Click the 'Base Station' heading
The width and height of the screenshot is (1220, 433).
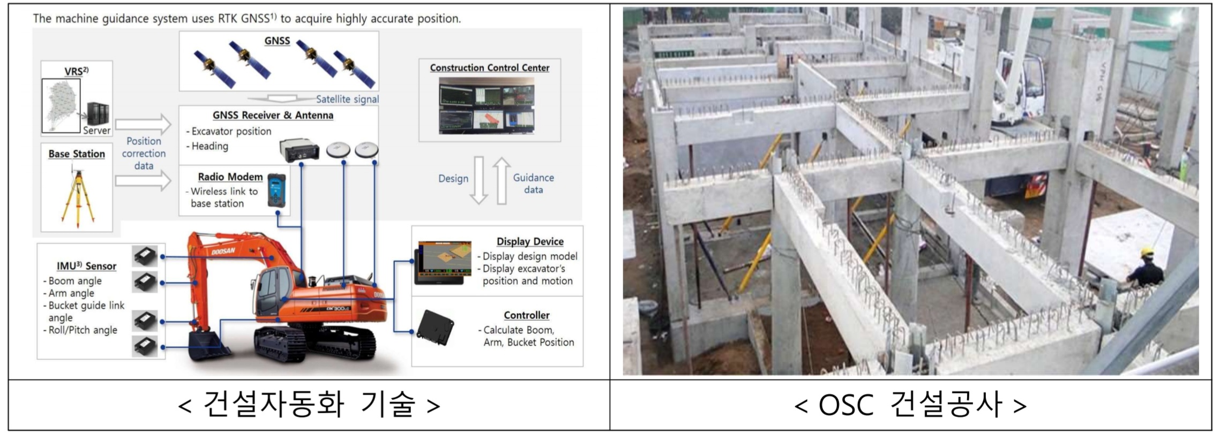point(77,154)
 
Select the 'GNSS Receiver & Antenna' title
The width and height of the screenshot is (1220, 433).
point(273,115)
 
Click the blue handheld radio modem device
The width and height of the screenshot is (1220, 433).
point(277,191)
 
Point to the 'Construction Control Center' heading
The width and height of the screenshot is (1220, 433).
point(489,68)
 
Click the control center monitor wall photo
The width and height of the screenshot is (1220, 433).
point(486,106)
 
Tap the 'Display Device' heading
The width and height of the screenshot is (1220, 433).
point(529,241)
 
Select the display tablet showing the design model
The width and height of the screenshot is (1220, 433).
point(443,262)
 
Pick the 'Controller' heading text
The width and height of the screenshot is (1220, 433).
point(526,315)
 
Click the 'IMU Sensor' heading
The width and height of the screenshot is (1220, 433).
point(86,266)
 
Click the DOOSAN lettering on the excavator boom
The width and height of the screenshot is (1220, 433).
point(223,250)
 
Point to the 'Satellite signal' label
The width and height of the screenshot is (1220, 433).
point(347,99)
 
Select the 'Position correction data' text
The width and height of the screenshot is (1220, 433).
point(144,154)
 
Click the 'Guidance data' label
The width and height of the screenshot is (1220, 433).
point(533,184)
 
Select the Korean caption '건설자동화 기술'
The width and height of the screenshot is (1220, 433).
point(309,405)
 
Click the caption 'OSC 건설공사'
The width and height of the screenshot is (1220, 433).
point(910,405)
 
